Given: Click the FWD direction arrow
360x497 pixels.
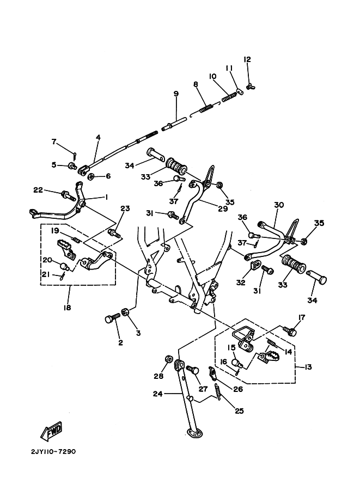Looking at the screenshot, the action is tap(51, 431).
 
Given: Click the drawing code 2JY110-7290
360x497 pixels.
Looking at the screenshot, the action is tap(53, 451).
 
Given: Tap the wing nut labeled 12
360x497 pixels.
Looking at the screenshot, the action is tap(251, 86).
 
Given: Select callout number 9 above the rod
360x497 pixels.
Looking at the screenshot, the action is tap(176, 94).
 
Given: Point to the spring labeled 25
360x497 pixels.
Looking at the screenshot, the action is tap(218, 391).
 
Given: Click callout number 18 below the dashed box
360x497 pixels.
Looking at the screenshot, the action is tap(67, 308).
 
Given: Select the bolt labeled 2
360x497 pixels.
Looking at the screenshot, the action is tap(113, 318).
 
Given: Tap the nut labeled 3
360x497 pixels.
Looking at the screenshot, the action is tap(125, 311).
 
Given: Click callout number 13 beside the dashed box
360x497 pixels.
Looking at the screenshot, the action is tap(308, 367).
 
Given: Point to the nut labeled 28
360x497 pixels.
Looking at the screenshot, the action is tap(169, 359).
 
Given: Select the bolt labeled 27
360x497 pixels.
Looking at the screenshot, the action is tap(193, 370).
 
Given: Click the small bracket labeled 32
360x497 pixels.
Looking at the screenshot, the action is tap(255, 265).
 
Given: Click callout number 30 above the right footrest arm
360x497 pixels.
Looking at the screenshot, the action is tap(279, 205).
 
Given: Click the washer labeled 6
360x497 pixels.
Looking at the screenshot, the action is tap(91, 176).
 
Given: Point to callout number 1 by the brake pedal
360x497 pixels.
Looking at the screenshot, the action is tap(106, 198).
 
